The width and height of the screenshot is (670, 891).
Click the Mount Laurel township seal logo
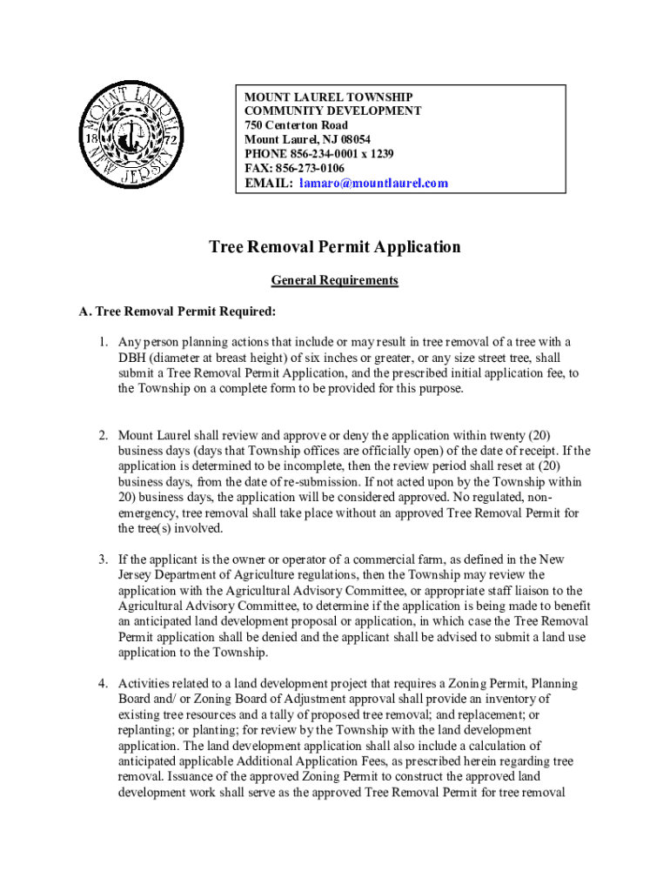tap(131, 137)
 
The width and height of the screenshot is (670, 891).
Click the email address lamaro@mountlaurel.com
tap(373, 183)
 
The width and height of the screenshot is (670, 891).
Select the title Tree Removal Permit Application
tap(335, 247)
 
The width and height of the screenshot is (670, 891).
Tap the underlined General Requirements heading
tap(335, 280)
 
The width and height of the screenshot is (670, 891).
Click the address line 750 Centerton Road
tap(296, 125)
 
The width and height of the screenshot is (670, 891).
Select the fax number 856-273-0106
tap(309, 168)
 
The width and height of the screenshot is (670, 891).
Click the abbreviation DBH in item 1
tap(133, 358)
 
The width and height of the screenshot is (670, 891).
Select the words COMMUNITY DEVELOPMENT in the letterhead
tap(332, 111)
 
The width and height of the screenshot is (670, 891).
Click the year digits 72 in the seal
tap(171, 139)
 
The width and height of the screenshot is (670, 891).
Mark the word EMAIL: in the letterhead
tap(268, 183)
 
